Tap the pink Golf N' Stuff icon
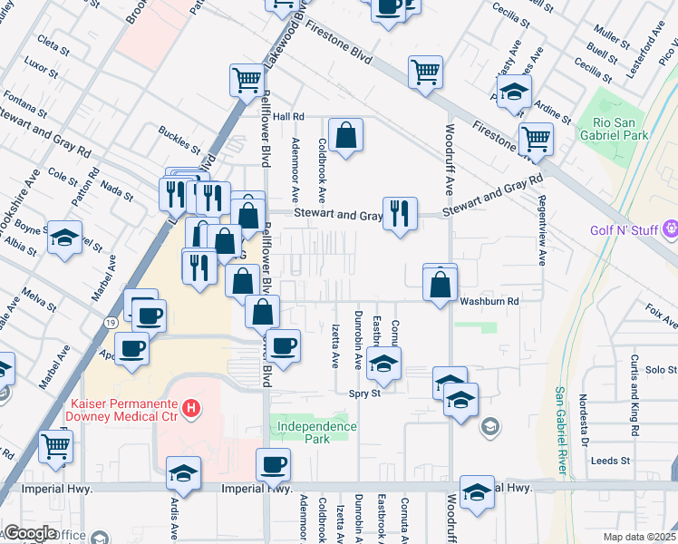pos(671,229)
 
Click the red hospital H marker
pos(190,409)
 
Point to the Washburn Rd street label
pos(489,300)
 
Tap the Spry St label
pos(363,393)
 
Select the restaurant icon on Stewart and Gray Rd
pos(400,213)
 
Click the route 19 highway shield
pos(108,321)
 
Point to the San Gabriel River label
pos(561,430)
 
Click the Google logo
pos(30,532)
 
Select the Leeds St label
pos(609,461)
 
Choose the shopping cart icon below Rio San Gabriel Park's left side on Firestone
pos(536,139)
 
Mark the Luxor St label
pos(41,66)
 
